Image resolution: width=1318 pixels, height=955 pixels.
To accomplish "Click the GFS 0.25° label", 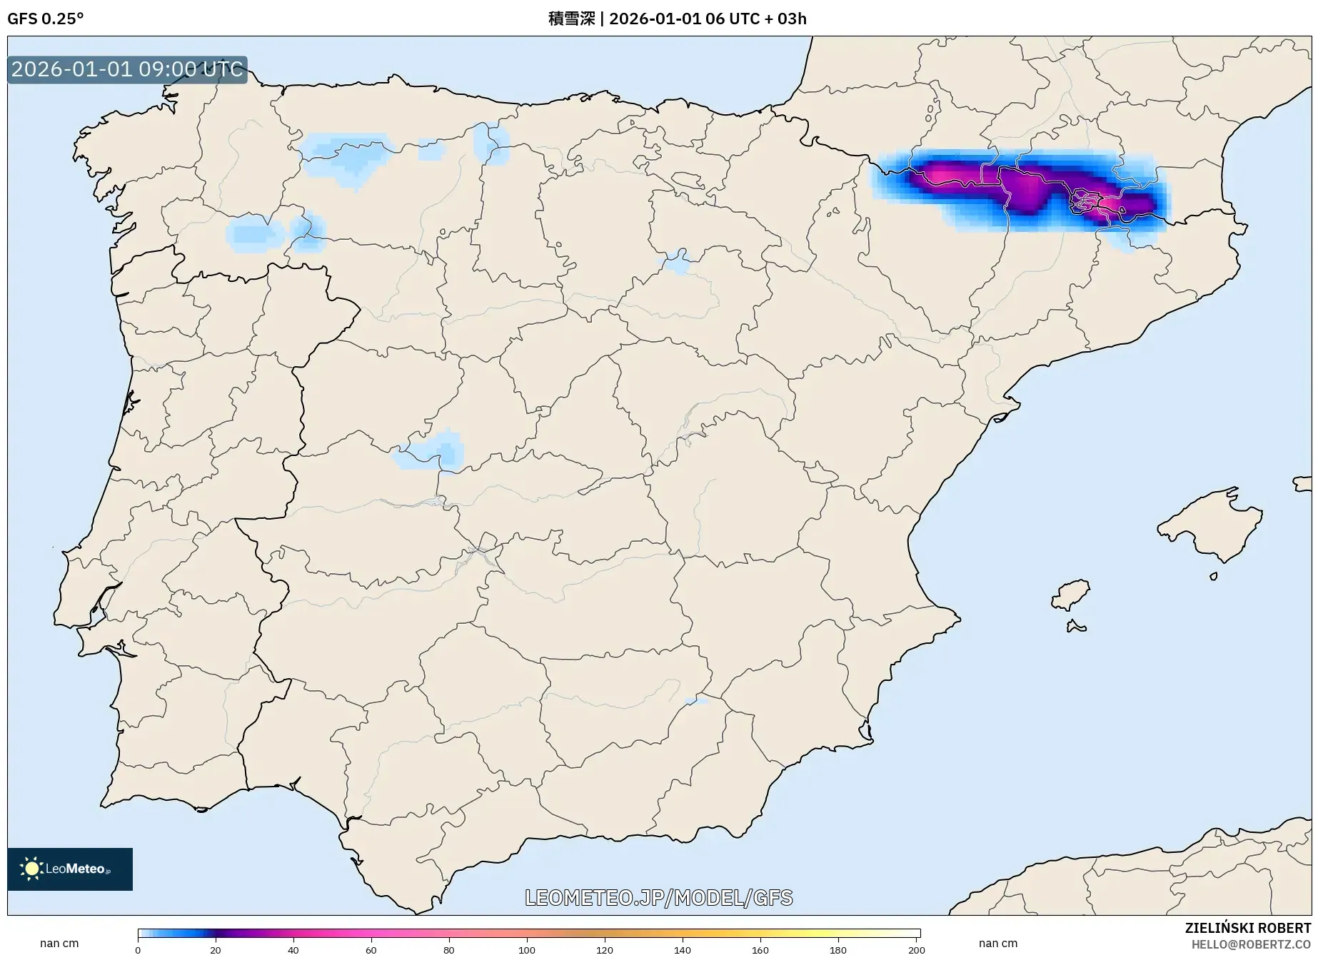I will click(x=45, y=19).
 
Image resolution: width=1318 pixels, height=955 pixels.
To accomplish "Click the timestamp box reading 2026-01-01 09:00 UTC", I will click(x=127, y=69).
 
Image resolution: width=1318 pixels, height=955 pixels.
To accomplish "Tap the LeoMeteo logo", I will click(x=70, y=869).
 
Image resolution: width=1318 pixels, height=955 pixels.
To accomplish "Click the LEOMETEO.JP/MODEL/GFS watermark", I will click(x=658, y=897).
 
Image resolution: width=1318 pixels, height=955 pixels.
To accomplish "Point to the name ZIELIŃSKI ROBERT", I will click(x=1247, y=928).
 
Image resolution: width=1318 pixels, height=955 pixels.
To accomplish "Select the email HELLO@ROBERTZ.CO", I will click(x=1251, y=944).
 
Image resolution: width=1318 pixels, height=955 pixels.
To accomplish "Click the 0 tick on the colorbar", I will click(x=138, y=949).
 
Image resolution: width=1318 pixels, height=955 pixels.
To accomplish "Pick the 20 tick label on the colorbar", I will click(x=216, y=949).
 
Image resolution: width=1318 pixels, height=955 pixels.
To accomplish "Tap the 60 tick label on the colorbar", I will click(x=371, y=949).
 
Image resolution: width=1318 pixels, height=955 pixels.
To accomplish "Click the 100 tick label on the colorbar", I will click(x=527, y=949).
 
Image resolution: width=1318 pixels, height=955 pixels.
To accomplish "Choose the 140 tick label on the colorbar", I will click(x=683, y=949).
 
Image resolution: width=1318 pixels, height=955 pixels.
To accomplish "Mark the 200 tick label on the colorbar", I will click(x=916, y=949).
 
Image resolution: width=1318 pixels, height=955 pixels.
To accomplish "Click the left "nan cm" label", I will click(x=59, y=943).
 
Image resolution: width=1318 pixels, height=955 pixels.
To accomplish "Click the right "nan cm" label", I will click(x=998, y=943).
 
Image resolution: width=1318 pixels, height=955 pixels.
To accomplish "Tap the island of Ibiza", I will click(x=1071, y=595).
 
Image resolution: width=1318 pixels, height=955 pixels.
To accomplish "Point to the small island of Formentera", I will click(x=1076, y=627).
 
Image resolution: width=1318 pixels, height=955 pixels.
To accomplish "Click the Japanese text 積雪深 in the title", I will click(x=571, y=19).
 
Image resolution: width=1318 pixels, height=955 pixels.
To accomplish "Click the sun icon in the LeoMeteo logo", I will click(x=31, y=869).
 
